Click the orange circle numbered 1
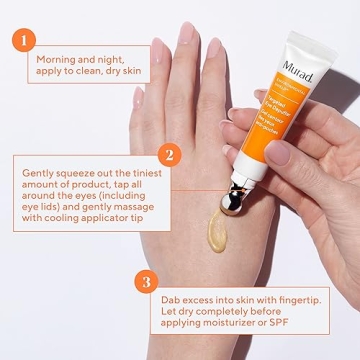[x=23, y=41]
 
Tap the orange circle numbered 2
[x=170, y=155]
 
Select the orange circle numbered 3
[x=146, y=282]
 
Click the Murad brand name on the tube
[x=299, y=68]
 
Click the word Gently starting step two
[x=40, y=172]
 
